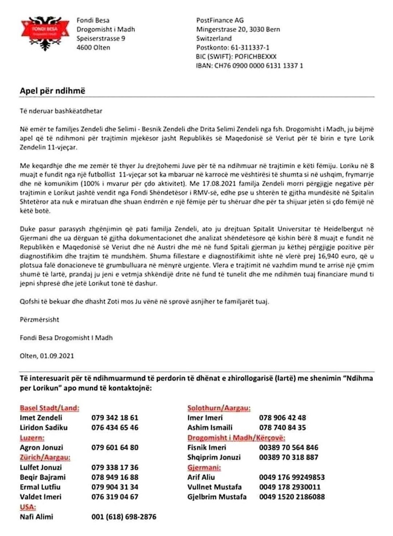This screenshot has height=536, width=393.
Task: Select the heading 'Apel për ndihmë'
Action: (x=53, y=91)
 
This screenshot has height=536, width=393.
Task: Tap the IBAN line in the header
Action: (x=249, y=66)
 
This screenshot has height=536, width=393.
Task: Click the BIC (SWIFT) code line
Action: (x=236, y=56)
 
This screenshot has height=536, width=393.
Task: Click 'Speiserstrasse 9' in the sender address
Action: (x=101, y=38)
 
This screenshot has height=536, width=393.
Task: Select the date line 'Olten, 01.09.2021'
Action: (x=47, y=355)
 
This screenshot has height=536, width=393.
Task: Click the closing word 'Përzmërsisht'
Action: (x=39, y=319)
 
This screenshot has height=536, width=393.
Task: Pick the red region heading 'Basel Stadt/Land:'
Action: (x=49, y=408)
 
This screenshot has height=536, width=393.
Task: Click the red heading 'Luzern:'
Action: (x=32, y=438)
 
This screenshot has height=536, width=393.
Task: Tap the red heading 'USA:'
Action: (x=28, y=507)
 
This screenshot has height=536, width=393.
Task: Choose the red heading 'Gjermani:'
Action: (x=204, y=467)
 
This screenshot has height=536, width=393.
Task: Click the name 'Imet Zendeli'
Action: (x=41, y=418)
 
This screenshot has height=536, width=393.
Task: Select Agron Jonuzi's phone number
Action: (x=115, y=448)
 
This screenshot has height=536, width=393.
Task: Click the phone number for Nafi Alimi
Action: (x=124, y=517)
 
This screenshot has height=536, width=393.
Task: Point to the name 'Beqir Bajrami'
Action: (x=43, y=477)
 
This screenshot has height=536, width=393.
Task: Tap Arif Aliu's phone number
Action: (x=292, y=477)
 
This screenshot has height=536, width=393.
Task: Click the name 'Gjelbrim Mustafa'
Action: (x=217, y=497)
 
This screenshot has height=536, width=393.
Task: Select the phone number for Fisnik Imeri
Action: (x=288, y=448)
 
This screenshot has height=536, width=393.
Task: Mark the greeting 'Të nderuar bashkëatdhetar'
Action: (x=61, y=110)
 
